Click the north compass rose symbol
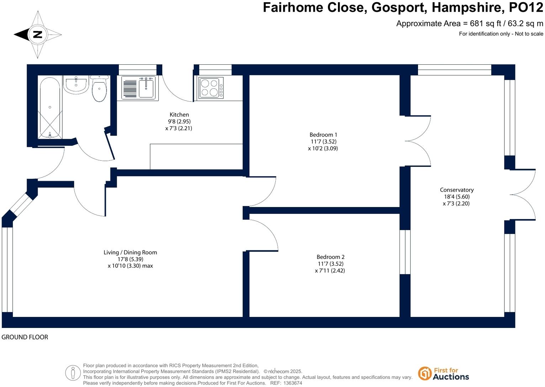pos(38,35)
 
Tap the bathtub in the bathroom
pos(50,108)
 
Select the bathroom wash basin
pos(75,85)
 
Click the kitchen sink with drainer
pos(139,88)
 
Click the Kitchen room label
pos(179,115)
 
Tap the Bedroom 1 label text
pos(323,134)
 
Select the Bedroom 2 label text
pos(330,257)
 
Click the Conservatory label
pos(456,190)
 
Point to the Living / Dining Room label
pos(130,252)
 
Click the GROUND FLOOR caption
pos(25,337)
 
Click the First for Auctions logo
pos(444,373)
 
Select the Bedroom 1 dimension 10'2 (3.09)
pos(323,148)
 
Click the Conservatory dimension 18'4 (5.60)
pos(456,197)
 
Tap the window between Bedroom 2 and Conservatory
pos(405,252)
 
